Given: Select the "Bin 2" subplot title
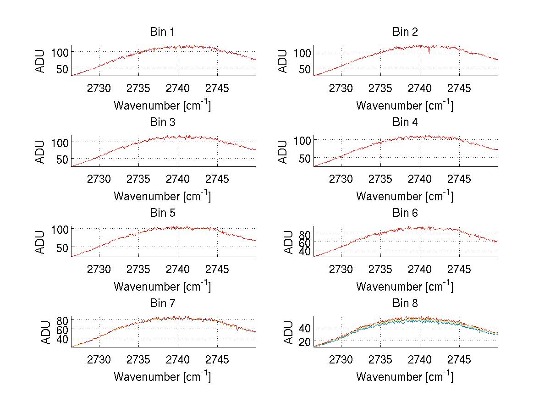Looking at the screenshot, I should [405, 32].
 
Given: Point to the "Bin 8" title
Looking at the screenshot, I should [405, 303].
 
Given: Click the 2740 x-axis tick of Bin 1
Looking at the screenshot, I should [178, 88].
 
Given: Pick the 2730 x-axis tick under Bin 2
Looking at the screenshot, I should [341, 88].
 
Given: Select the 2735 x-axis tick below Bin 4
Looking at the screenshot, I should [380, 179].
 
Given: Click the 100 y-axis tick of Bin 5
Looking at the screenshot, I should [62, 229].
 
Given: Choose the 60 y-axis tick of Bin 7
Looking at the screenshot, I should [62, 329].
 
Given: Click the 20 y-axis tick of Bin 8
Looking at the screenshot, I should [305, 341].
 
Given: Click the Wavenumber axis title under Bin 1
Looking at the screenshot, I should [162, 105].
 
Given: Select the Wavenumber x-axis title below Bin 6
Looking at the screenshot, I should [405, 286].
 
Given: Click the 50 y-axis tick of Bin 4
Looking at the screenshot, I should [305, 158].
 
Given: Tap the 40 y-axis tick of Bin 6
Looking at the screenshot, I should [305, 251].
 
